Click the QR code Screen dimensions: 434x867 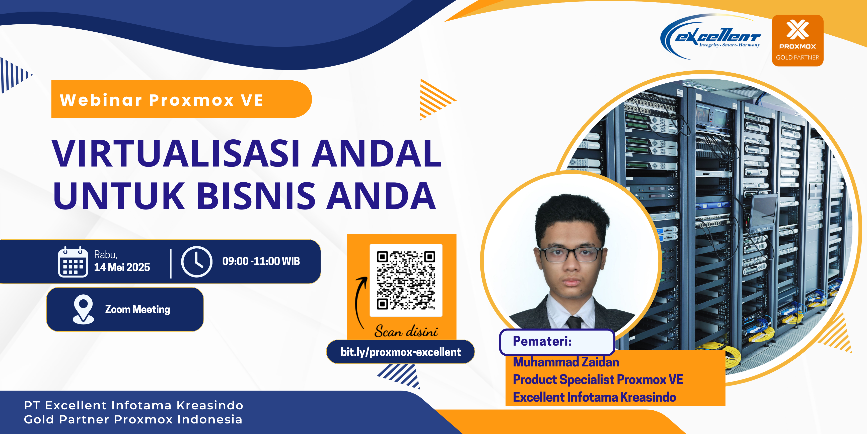(x=406, y=280)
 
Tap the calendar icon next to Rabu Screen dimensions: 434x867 (x=73, y=262)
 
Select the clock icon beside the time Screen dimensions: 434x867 (x=197, y=262)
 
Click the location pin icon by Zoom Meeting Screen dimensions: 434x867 (x=83, y=309)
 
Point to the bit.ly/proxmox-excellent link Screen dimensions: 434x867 (x=401, y=352)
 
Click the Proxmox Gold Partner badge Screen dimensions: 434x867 (x=797, y=40)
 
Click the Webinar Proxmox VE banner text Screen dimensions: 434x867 (x=162, y=100)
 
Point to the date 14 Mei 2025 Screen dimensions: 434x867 (x=122, y=267)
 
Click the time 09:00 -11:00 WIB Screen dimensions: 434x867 (x=261, y=261)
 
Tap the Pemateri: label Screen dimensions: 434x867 (x=542, y=341)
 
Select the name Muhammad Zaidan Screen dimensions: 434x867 (x=566, y=362)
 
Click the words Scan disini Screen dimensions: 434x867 (x=406, y=332)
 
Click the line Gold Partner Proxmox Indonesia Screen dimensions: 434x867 (x=133, y=419)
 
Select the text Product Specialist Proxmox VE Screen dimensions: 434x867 (x=598, y=380)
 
